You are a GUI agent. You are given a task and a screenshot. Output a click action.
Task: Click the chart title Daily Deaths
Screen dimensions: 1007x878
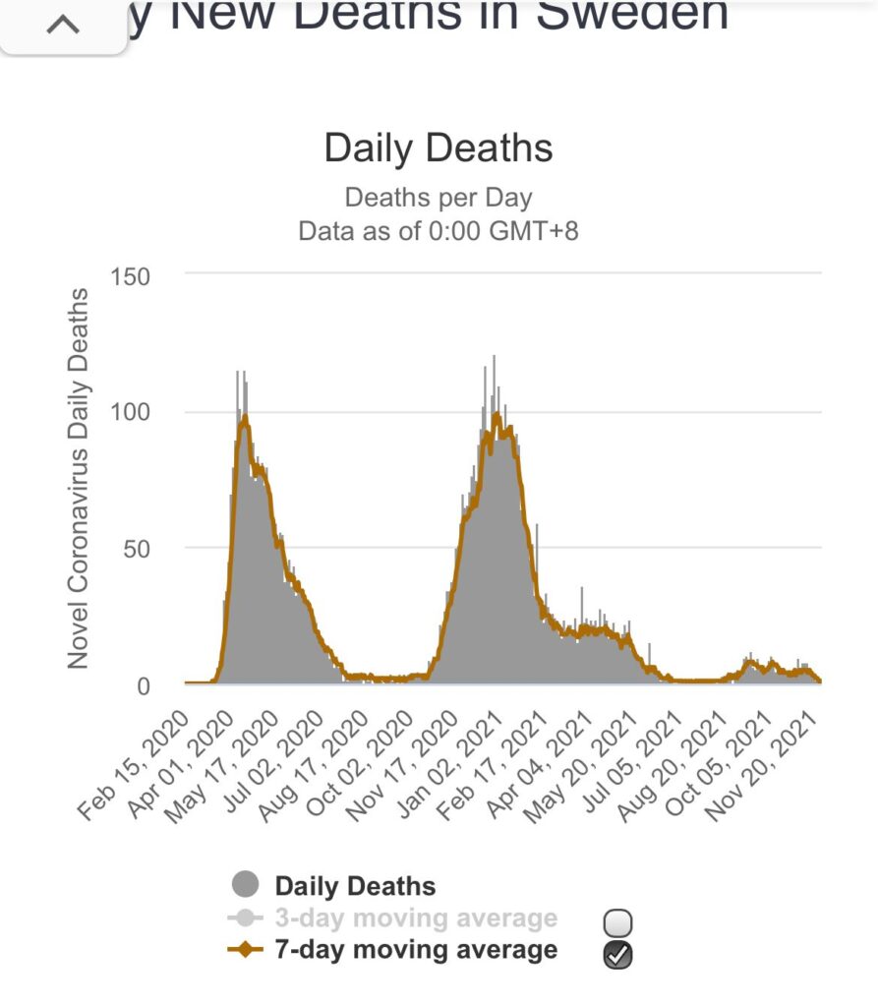click(439, 148)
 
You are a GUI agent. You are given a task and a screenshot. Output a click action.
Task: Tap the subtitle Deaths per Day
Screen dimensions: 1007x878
click(439, 198)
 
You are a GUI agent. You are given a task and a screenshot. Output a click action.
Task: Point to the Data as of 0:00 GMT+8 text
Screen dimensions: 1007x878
click(439, 231)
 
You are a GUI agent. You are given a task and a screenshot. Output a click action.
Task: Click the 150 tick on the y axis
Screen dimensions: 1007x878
click(131, 276)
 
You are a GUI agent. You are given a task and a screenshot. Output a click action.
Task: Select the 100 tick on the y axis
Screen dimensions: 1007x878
click(131, 412)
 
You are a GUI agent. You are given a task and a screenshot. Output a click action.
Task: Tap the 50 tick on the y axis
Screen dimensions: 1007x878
click(138, 548)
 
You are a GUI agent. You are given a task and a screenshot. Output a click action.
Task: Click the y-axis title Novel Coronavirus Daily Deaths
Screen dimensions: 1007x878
click(80, 479)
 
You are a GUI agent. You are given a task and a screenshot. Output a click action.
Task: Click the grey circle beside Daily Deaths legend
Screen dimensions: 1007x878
click(245, 885)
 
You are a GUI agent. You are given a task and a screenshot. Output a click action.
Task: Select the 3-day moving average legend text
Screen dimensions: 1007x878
click(416, 918)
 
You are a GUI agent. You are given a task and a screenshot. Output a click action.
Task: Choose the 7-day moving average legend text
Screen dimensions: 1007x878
click(416, 950)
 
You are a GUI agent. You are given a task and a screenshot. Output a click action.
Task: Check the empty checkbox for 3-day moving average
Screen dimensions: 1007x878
click(618, 922)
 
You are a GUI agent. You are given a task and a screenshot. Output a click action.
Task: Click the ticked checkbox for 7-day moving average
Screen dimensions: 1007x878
click(618, 954)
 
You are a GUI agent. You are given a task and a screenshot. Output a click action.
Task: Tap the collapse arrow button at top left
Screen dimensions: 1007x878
click(63, 25)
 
